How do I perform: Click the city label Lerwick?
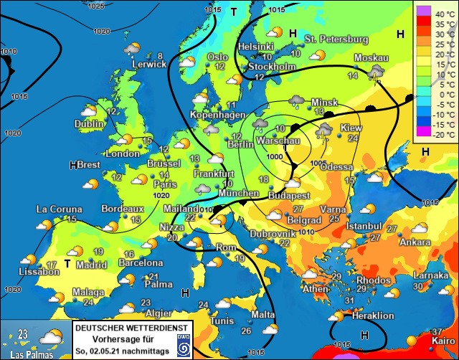click(x=148, y=65)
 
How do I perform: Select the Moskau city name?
click(x=372, y=58)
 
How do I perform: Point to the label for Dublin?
click(x=89, y=123)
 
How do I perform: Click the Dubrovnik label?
click(x=273, y=234)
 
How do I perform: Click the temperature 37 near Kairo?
click(x=437, y=331)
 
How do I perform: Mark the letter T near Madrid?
click(x=67, y=263)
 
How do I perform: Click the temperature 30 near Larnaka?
click(x=419, y=286)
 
